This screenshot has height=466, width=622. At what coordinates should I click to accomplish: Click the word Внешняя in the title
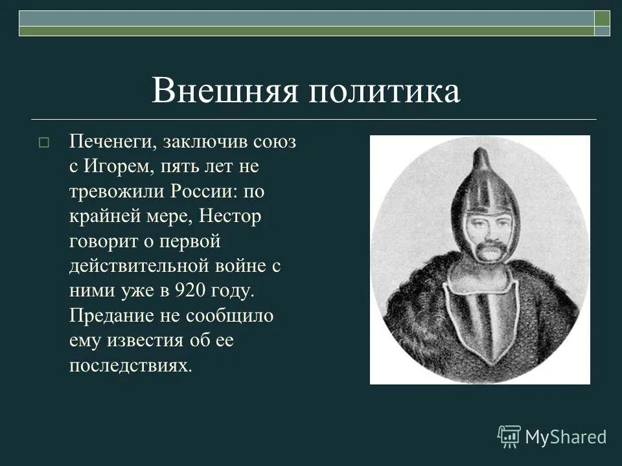pos(224,91)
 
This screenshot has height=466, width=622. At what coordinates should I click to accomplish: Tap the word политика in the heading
pos(384,91)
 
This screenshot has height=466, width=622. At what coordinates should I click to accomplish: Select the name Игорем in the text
pos(117,167)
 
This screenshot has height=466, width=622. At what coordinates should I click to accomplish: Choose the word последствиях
pos(131,366)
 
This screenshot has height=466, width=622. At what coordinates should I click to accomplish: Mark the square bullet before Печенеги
pos(43,143)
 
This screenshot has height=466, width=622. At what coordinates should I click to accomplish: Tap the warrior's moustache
pos(489,247)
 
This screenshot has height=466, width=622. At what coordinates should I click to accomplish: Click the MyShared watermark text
pos(566,437)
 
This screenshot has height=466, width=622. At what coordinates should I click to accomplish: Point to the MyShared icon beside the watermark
pos(509,436)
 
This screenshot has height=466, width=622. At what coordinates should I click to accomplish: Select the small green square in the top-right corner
pos(602,18)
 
